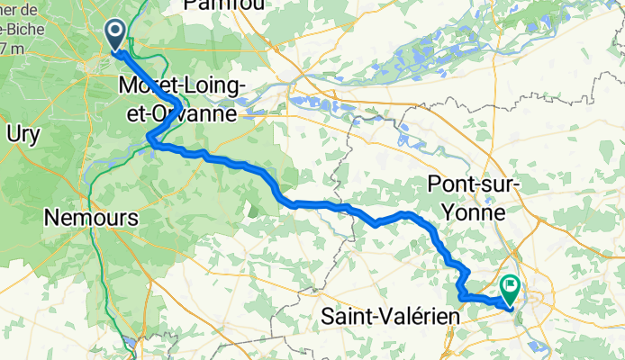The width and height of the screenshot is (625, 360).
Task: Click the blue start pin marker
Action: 117,35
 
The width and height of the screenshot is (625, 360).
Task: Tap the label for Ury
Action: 23,133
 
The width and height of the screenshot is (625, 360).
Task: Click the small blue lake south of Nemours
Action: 133,342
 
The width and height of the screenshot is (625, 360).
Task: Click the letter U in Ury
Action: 12,133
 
